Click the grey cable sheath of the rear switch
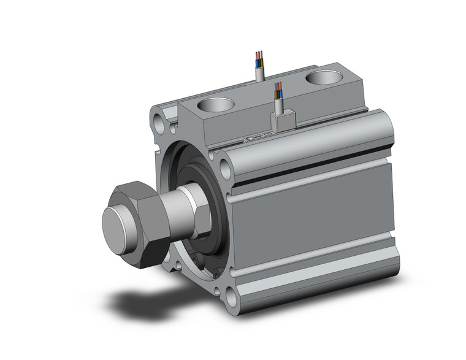[x=259, y=74]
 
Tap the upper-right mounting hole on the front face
[x=224, y=167]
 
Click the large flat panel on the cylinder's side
[x=313, y=221]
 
